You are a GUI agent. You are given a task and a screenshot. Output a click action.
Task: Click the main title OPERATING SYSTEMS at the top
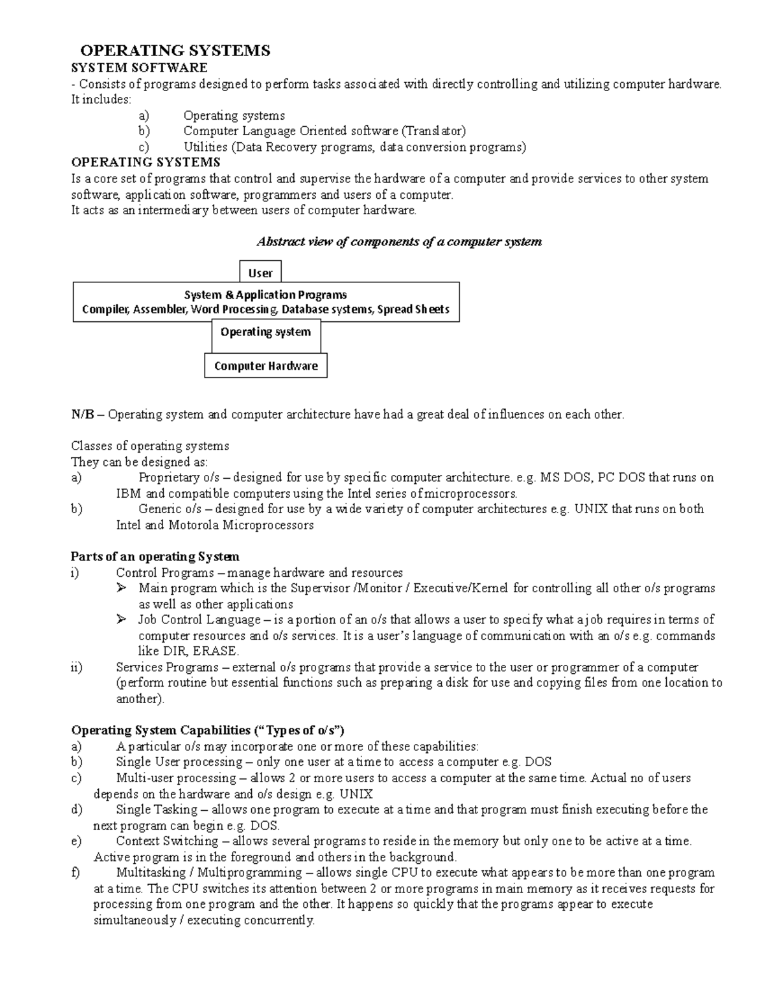(175, 51)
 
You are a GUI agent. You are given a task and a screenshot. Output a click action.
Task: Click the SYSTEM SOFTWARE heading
(139, 68)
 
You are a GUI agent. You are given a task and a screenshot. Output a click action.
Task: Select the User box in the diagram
(260, 273)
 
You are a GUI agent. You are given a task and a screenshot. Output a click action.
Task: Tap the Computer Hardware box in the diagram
(266, 366)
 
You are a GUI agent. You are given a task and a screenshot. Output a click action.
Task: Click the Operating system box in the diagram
(266, 332)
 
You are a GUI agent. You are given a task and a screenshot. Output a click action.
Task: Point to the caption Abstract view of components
(398, 242)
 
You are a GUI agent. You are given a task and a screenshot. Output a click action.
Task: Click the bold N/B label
(83, 414)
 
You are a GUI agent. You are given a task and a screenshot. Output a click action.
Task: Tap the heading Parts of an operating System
(156, 557)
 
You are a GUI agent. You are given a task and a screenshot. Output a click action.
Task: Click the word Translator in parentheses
(433, 131)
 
